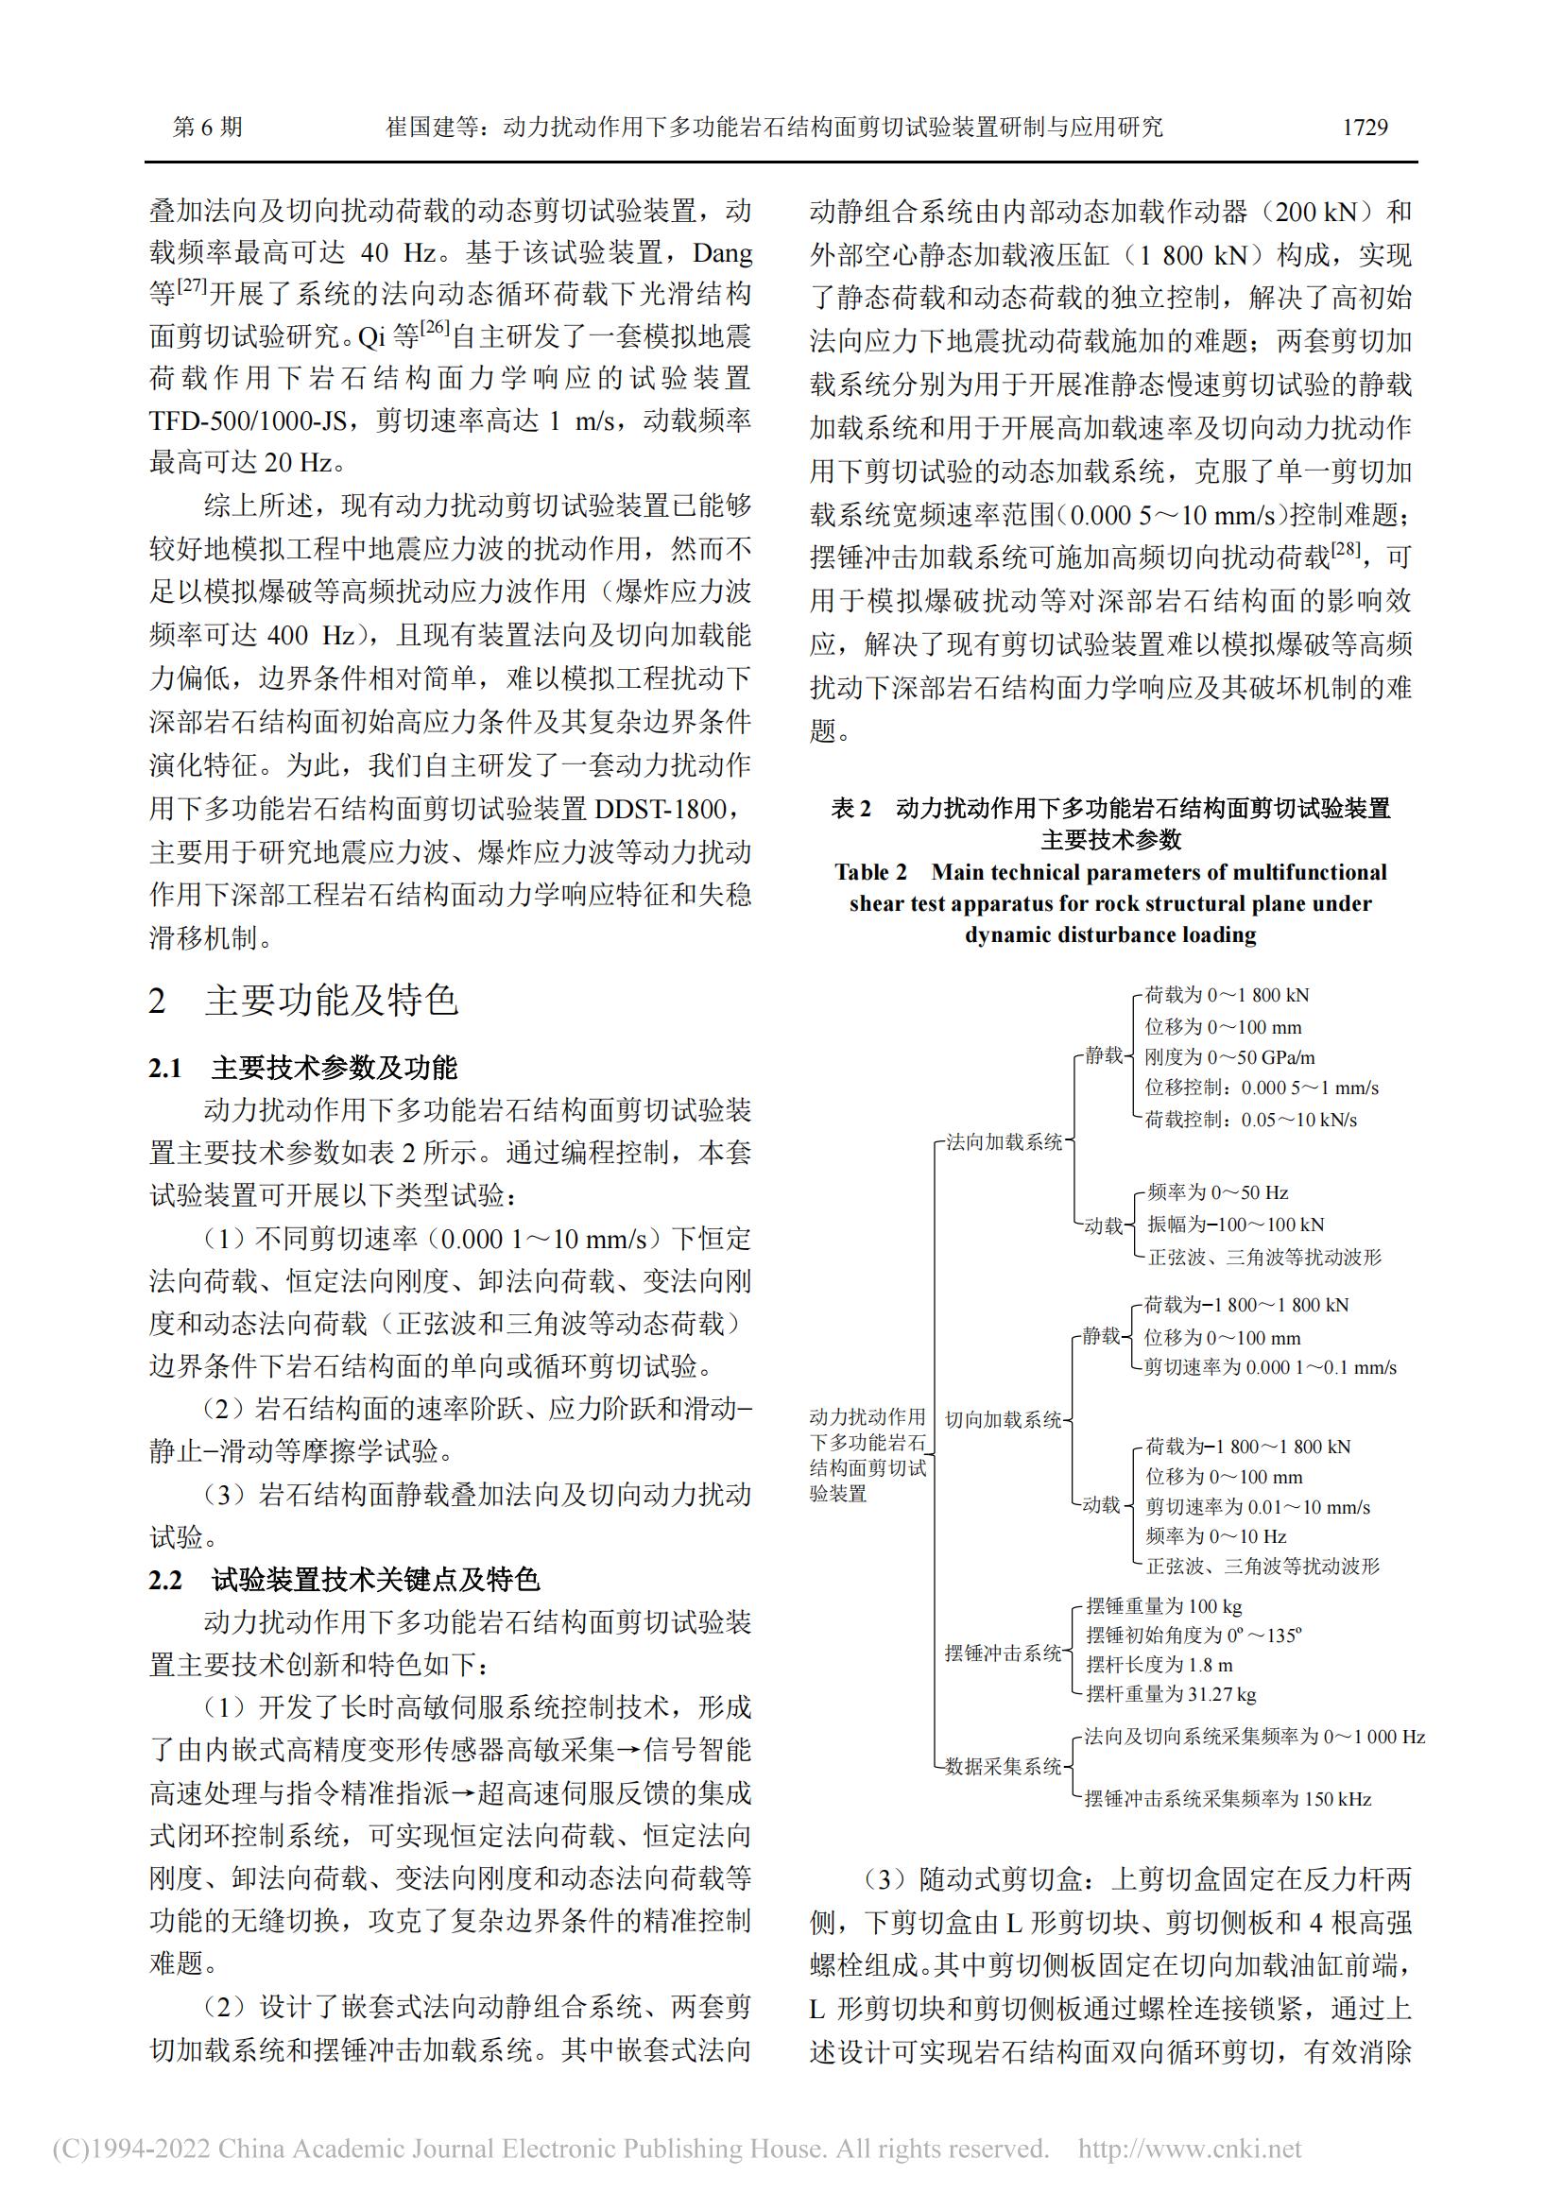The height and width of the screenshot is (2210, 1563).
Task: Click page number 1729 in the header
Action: tap(1364, 127)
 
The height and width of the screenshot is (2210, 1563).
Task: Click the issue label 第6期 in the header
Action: tap(207, 127)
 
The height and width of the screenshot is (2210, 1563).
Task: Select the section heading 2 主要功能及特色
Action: tap(303, 1001)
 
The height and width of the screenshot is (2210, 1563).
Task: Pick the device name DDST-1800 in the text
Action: tap(673, 809)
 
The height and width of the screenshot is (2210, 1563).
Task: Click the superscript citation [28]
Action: tap(1345, 550)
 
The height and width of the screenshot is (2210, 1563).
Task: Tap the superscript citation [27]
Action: tap(194, 286)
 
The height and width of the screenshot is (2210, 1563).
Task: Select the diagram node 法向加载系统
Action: tap(1004, 1142)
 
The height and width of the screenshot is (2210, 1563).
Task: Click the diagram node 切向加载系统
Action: tap(1004, 1420)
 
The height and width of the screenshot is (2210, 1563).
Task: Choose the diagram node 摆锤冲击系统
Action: tap(1003, 1653)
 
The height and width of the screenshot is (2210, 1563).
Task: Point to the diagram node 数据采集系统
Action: tap(1003, 1766)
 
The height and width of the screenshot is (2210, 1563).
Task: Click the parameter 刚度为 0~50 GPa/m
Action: tap(1229, 1058)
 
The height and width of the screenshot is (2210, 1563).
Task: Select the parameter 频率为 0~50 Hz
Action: tap(1217, 1192)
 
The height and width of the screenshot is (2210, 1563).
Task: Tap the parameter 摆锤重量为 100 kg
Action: tap(1163, 1605)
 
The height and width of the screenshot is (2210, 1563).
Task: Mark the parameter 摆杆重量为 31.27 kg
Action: tap(1170, 1694)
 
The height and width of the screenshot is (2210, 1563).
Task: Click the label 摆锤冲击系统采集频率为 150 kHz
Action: tap(1228, 1798)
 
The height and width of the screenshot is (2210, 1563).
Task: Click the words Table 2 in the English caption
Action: tap(870, 872)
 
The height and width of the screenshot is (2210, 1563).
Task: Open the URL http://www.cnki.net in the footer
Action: tap(1190, 2150)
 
